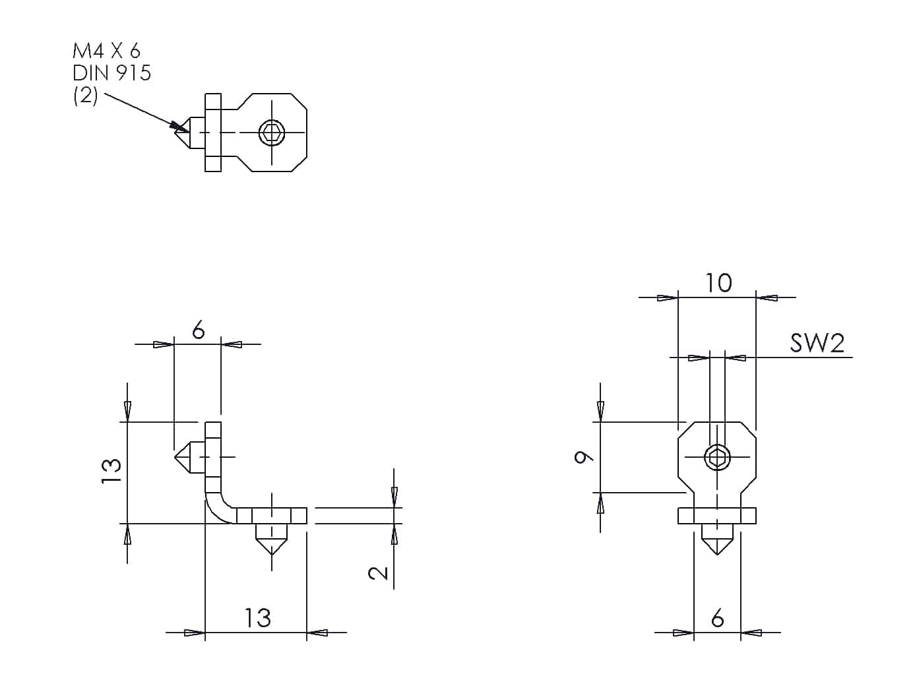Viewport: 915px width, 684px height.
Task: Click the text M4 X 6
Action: [106, 51]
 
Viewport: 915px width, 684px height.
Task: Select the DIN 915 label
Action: [111, 73]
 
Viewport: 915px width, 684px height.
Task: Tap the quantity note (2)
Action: [85, 96]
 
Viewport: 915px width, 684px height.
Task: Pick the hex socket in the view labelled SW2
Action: [717, 456]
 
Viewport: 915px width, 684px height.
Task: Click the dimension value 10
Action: [718, 283]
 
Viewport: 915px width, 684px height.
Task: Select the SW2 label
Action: [817, 343]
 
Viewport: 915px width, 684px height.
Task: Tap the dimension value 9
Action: [582, 456]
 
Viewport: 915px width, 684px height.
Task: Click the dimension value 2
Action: [379, 571]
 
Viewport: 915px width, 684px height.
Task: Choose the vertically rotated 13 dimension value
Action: [111, 472]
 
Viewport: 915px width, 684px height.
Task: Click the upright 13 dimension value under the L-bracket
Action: [257, 618]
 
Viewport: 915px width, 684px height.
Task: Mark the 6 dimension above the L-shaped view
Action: [198, 330]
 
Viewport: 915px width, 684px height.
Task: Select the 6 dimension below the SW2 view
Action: [718, 618]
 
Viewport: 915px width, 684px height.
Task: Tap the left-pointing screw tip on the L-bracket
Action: [185, 456]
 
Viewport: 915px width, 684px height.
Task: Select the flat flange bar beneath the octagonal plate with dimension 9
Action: [717, 515]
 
